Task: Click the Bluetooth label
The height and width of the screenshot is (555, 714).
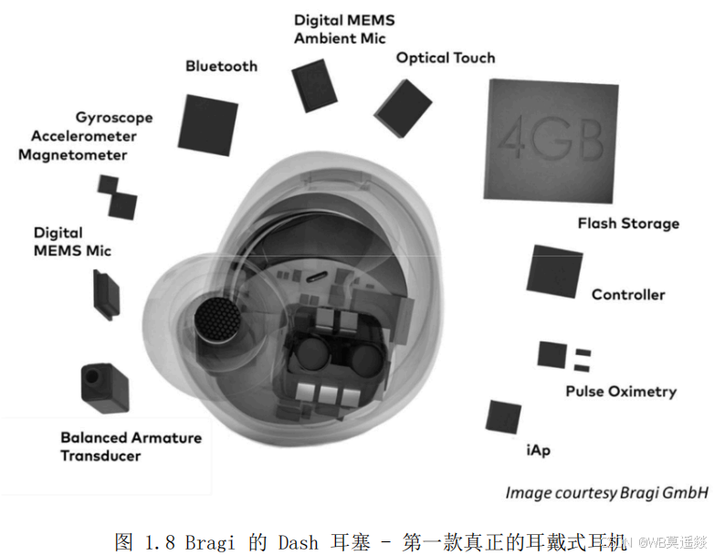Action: (221, 67)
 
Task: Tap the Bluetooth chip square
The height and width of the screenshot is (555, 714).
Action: (207, 123)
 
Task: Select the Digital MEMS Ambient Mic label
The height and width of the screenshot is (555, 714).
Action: (340, 29)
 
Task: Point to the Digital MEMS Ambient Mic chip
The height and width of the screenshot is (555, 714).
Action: (315, 85)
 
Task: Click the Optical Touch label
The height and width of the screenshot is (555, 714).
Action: (446, 58)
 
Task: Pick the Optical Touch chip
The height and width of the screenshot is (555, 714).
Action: (404, 108)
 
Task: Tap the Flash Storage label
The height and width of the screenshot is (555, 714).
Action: (628, 224)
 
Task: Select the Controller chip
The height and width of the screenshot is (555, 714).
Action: (553, 271)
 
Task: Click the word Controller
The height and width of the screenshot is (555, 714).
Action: (628, 295)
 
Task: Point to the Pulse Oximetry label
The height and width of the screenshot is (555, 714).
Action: (621, 392)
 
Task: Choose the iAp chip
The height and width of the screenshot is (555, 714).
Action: (503, 416)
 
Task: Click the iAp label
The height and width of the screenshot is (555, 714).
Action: (538, 450)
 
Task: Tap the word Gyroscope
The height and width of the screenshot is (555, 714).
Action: (114, 118)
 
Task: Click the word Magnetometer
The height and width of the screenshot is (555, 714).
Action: (72, 155)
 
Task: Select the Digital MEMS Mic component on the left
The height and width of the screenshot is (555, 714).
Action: (105, 295)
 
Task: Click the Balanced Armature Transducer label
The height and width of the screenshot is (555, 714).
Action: (131, 446)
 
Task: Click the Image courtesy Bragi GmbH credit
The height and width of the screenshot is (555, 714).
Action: (607, 493)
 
